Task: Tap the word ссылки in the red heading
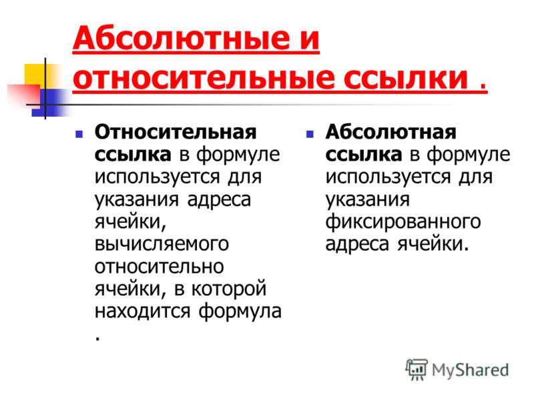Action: [405, 78]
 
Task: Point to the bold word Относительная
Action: [176, 132]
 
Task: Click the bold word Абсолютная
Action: [390, 132]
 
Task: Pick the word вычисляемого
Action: [162, 244]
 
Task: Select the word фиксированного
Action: [403, 222]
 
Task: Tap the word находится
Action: [142, 311]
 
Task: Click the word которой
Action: [229, 289]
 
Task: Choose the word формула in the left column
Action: [240, 311]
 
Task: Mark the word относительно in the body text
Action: [160, 267]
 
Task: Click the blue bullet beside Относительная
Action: [79, 134]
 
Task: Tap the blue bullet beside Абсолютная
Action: [310, 134]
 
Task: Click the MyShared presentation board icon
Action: [417, 369]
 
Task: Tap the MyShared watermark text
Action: [470, 370]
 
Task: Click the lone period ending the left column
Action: [98, 339]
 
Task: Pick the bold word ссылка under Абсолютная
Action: [364, 155]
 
